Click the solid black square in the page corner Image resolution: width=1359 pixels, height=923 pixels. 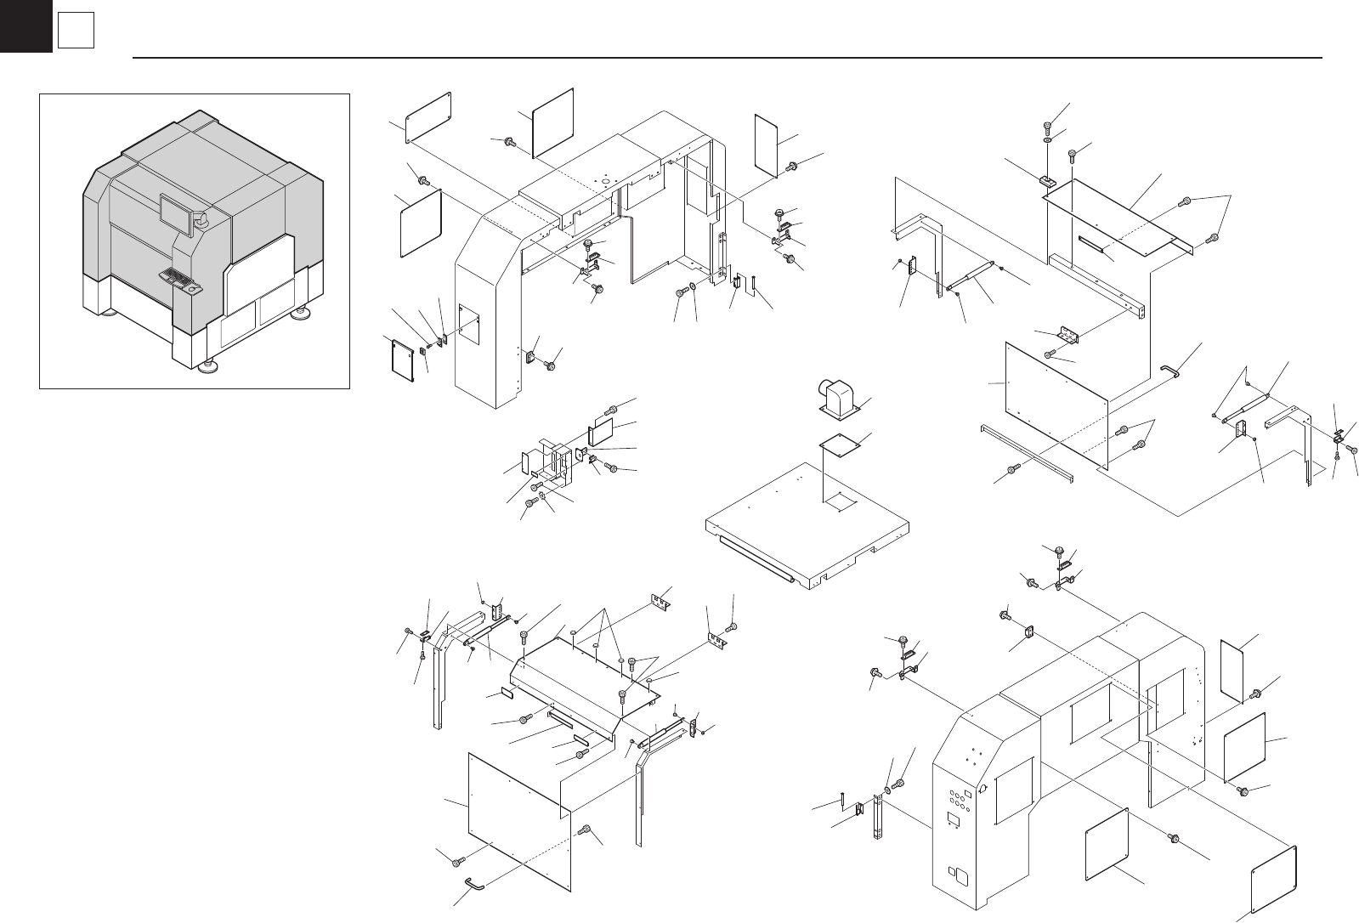point(25,25)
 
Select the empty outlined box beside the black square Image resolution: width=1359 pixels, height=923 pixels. point(75,32)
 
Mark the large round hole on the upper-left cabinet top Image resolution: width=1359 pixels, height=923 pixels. point(607,181)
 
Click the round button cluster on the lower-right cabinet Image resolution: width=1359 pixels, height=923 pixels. point(958,800)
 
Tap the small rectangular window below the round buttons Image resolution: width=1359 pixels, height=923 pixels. point(954,822)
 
